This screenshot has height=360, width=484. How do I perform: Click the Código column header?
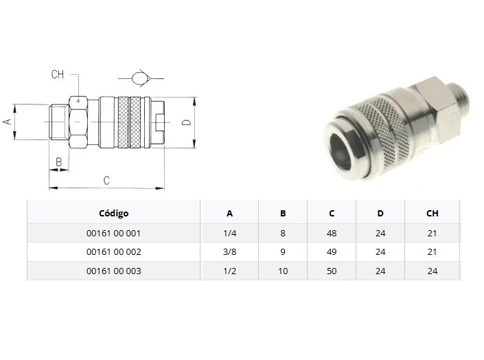pyautogui.click(x=113, y=213)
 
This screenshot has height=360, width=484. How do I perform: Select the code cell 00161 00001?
pyautogui.click(x=113, y=234)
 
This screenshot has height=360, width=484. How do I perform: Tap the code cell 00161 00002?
pyautogui.click(x=113, y=252)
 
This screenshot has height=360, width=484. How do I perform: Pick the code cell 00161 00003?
pyautogui.click(x=113, y=271)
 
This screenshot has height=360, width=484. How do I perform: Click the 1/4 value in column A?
pyautogui.click(x=230, y=234)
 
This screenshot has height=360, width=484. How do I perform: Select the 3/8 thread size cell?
pyautogui.click(x=230, y=252)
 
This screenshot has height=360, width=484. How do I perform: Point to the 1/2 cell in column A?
pyautogui.click(x=230, y=271)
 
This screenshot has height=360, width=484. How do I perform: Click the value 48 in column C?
pyautogui.click(x=332, y=234)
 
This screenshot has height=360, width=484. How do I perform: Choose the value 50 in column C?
pyautogui.click(x=332, y=271)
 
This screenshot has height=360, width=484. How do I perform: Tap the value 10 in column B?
pyautogui.click(x=283, y=271)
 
